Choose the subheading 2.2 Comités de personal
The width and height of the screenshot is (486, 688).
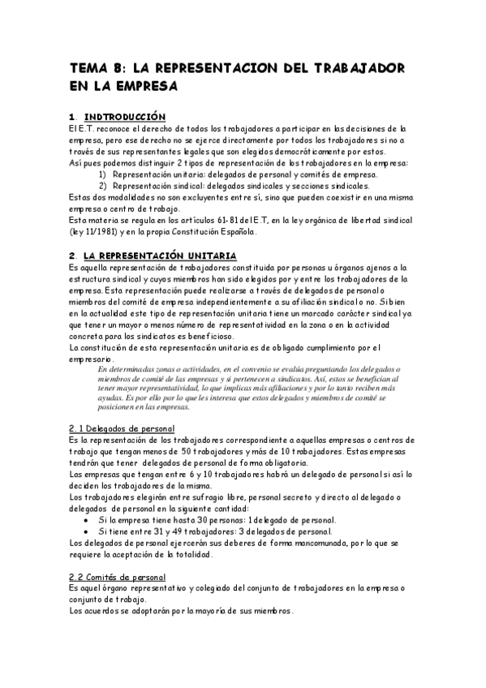tap(118, 577)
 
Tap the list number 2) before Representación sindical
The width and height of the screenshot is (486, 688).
tap(103, 185)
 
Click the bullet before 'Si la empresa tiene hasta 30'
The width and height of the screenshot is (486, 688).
tap(87, 519)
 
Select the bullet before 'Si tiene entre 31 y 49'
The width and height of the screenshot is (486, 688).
tap(87, 531)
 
